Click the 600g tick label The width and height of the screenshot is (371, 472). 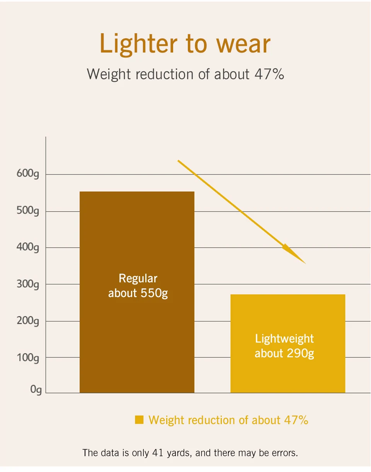pos(28,174)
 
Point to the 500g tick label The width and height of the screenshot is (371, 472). pos(28,211)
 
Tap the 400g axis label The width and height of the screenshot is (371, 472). pos(28,248)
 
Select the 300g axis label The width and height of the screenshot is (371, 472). pos(28,284)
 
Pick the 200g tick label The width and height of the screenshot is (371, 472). pos(28,321)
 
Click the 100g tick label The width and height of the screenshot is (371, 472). pos(28,358)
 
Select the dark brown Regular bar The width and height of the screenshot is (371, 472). pos(137,292)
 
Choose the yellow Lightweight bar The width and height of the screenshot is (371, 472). pos(288,344)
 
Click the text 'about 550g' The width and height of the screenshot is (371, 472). pos(138,294)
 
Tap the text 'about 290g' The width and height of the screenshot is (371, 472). pos(284,354)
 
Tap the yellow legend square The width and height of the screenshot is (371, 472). pos(139,419)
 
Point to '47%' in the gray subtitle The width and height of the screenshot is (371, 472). pos(269,74)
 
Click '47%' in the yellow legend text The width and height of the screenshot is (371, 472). pos(296,420)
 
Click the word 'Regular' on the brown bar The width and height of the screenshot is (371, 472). pos(138,279)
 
